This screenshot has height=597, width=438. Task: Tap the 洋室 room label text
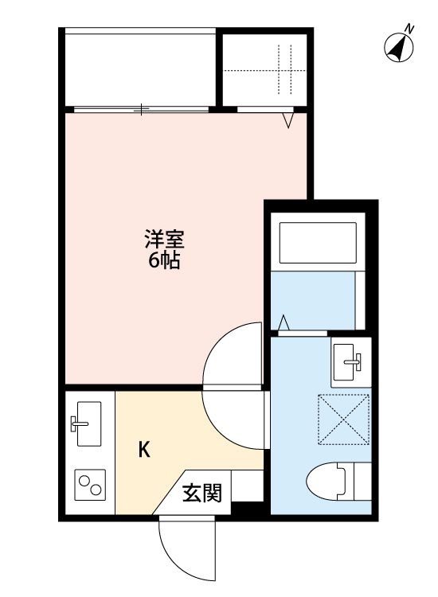click(164, 239)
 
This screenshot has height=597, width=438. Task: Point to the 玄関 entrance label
click(201, 493)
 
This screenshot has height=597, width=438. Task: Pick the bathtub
click(317, 243)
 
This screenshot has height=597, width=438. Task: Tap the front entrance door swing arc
click(185, 550)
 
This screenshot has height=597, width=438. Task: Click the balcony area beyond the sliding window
click(140, 69)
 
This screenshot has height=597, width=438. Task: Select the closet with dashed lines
click(265, 69)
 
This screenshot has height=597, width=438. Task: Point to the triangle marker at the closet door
click(287, 120)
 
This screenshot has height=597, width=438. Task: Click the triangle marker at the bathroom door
click(284, 322)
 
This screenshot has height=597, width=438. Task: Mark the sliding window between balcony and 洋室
click(141, 108)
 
